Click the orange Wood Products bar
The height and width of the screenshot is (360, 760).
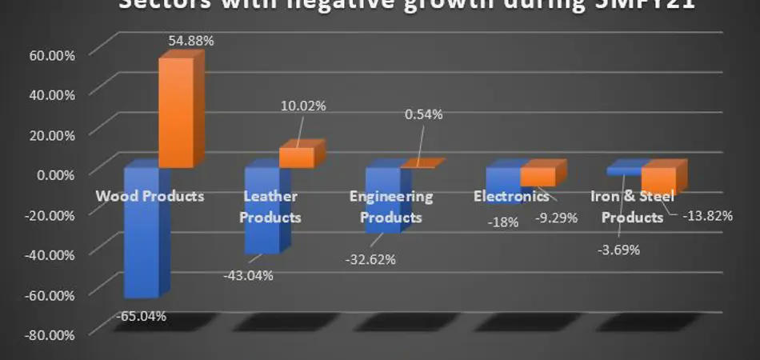[175, 112]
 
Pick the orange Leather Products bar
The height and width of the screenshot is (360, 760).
[297, 157]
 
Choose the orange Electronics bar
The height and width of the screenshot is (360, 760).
[538, 177]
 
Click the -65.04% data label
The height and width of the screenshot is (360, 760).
[142, 315]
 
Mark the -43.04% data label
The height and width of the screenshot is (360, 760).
[248, 275]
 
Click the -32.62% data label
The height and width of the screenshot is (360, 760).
[370, 258]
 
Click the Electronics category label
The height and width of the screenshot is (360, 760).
[511, 195]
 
